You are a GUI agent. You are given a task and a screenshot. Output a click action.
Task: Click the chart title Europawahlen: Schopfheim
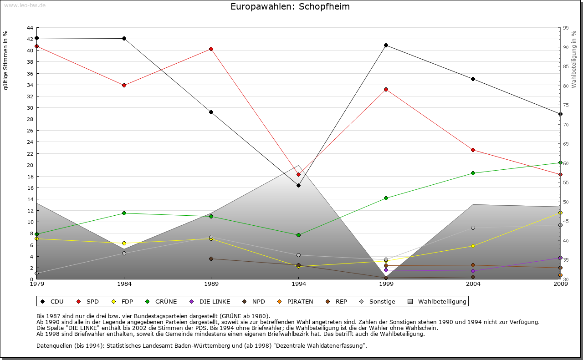(x=290, y=7)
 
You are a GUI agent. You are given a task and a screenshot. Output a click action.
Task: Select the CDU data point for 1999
(x=386, y=45)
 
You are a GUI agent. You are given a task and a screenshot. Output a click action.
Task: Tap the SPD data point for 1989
(x=211, y=49)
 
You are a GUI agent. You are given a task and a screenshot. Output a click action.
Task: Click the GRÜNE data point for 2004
(x=473, y=173)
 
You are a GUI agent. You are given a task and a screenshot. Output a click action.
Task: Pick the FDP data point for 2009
(x=560, y=213)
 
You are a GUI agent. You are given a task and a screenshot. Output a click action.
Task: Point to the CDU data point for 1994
(x=298, y=185)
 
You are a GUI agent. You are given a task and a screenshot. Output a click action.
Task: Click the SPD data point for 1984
(x=124, y=85)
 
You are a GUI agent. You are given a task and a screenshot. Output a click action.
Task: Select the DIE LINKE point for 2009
(x=560, y=258)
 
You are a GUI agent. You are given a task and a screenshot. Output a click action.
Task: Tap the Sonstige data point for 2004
(x=473, y=228)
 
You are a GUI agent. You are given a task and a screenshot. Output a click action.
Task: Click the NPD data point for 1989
(x=211, y=259)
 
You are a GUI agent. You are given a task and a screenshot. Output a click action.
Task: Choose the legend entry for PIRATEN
(x=296, y=301)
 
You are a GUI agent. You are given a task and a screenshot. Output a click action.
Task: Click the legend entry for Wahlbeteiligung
(x=437, y=301)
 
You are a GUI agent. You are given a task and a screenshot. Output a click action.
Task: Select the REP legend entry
(x=337, y=301)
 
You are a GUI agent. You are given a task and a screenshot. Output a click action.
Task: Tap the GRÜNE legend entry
(x=162, y=301)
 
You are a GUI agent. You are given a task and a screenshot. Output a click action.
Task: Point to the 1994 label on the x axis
(x=298, y=284)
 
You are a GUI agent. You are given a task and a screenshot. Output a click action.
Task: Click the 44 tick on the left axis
(x=30, y=28)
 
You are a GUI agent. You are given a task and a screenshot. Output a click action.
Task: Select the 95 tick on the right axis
(x=566, y=28)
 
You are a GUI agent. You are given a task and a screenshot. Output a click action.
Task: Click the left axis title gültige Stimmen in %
(x=6, y=61)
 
